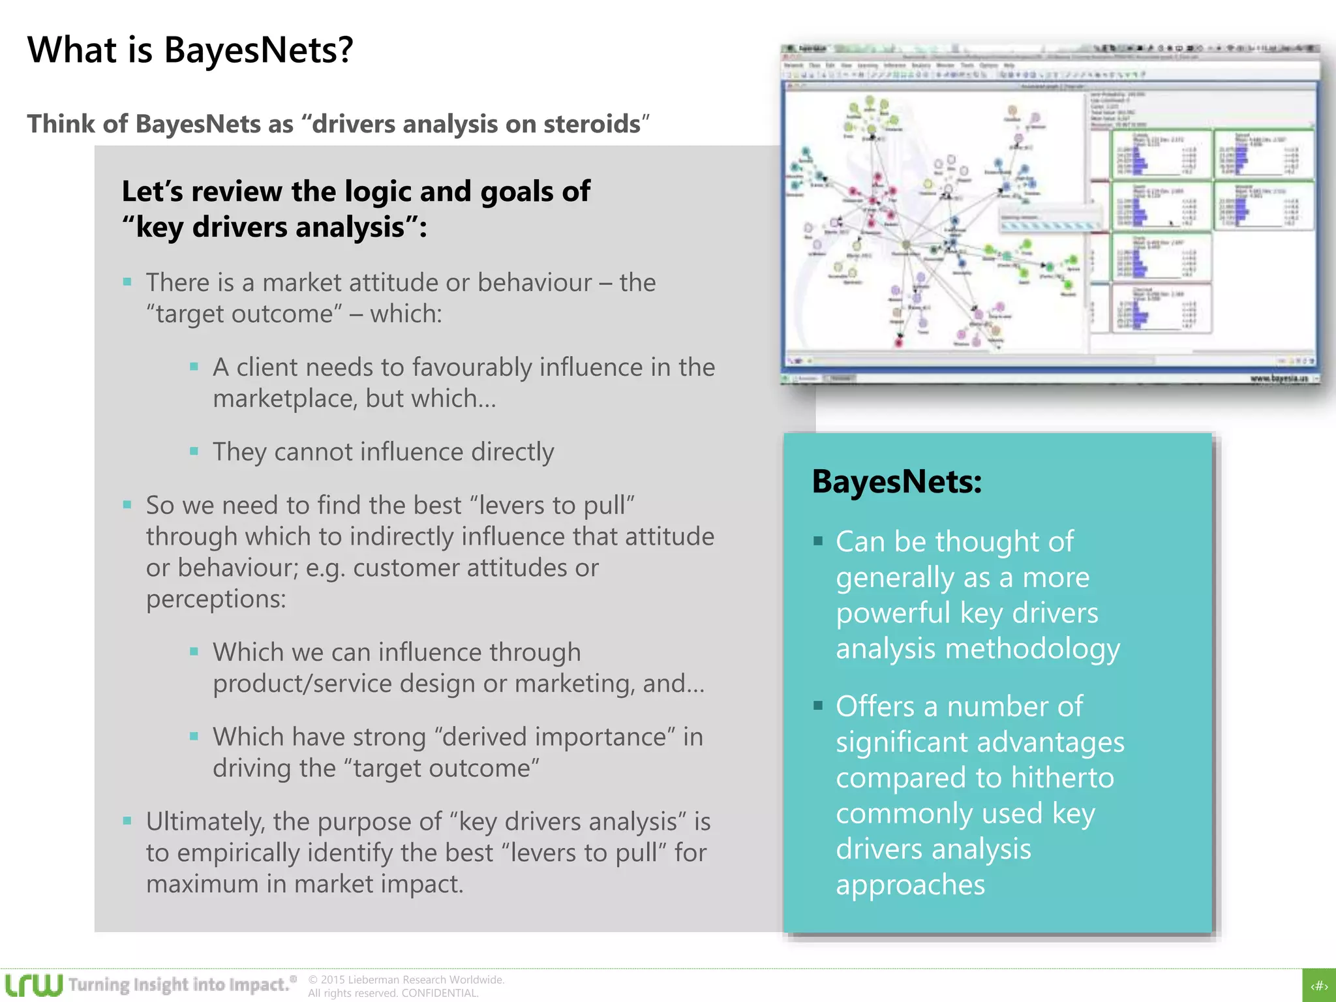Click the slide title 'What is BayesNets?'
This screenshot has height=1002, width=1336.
(190, 50)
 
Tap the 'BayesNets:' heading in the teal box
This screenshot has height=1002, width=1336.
(896, 482)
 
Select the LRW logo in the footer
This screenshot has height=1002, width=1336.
(34, 984)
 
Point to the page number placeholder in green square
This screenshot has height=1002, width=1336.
(1319, 986)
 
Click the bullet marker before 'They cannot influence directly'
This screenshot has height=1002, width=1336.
(194, 451)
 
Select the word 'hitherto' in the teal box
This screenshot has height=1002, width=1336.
(1062, 778)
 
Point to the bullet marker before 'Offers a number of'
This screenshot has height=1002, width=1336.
(818, 705)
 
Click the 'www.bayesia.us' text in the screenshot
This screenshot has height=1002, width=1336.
(1279, 378)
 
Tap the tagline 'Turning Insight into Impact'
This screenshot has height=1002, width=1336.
(179, 984)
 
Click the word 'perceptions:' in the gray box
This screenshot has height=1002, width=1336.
(216, 599)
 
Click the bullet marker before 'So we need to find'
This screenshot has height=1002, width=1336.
(127, 504)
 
